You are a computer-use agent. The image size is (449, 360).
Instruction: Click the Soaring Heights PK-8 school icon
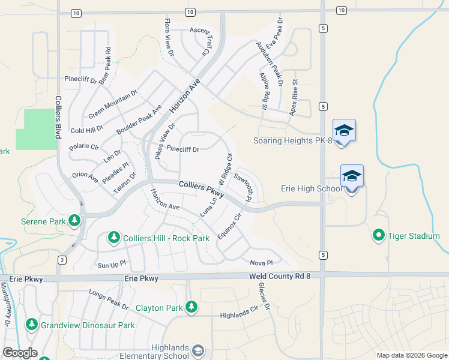[x=344, y=130]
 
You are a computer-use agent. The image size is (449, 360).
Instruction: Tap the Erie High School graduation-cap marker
[x=352, y=176]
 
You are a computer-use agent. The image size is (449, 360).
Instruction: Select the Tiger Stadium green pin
[x=379, y=235]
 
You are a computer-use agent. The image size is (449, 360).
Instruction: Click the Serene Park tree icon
[x=74, y=221]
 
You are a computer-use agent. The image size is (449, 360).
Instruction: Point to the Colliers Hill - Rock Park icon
[x=113, y=238]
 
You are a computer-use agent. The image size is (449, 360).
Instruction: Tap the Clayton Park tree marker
[x=191, y=307]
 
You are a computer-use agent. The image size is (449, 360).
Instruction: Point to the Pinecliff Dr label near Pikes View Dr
[x=182, y=148]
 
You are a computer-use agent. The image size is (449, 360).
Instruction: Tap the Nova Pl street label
[x=261, y=263]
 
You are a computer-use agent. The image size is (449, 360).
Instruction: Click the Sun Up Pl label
[x=112, y=263]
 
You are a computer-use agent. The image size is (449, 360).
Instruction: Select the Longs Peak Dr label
[x=109, y=299]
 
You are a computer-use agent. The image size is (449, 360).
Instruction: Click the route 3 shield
[x=62, y=259]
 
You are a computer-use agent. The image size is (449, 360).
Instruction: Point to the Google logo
[x=19, y=353]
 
